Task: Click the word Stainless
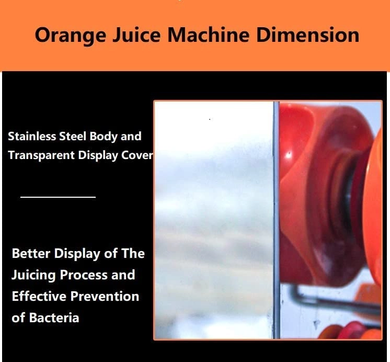click(x=31, y=137)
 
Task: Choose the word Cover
click(x=137, y=156)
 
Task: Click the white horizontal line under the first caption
click(x=58, y=197)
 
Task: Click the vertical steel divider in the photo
click(x=276, y=220)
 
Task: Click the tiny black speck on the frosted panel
click(x=210, y=120)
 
